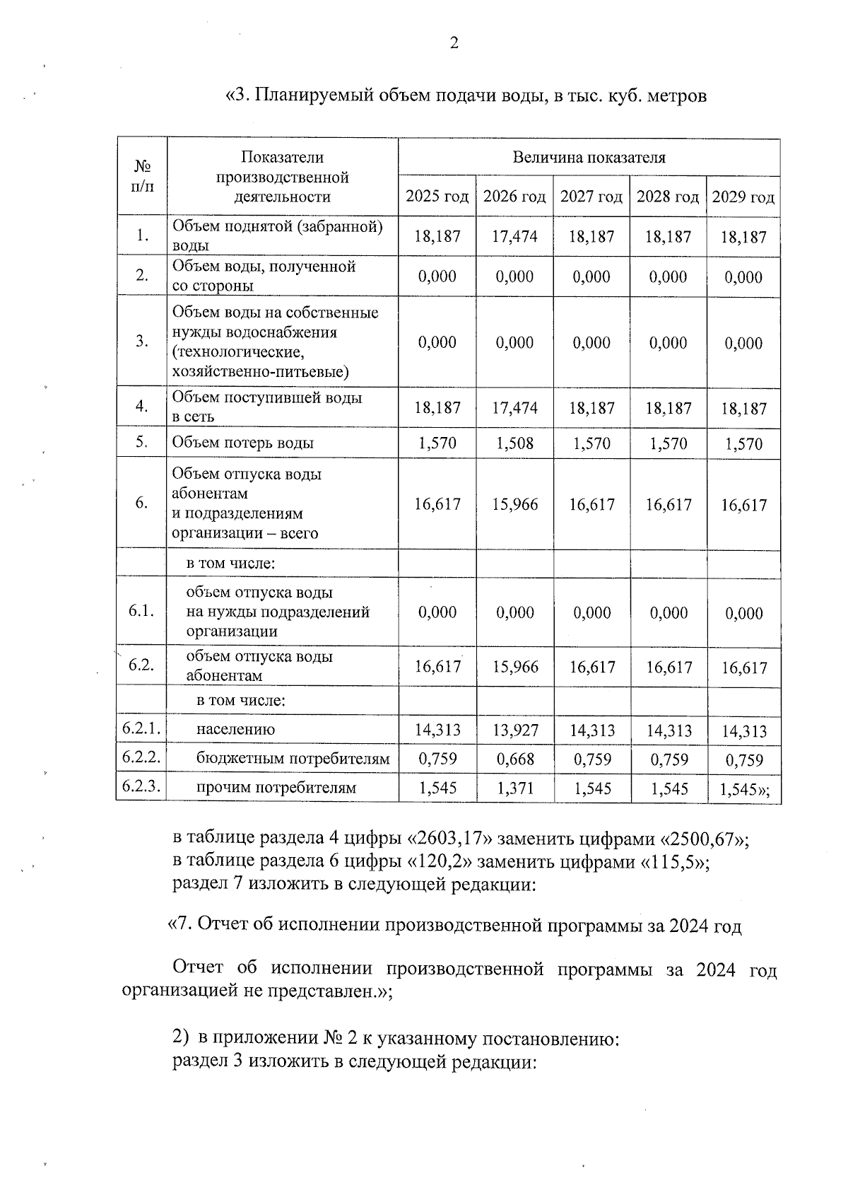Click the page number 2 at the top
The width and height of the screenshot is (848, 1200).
[454, 44]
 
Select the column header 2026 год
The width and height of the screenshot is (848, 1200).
[514, 197]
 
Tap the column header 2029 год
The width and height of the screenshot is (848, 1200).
[743, 197]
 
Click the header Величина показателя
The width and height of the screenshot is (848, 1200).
[589, 157]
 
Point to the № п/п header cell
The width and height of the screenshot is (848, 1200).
[142, 176]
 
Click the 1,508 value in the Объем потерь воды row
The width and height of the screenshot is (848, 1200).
[514, 443]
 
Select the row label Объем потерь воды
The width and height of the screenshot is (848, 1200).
[242, 443]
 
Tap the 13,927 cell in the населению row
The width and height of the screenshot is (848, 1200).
[514, 730]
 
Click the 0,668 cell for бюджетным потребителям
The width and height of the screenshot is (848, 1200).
[514, 759]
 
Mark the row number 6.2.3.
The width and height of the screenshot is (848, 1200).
[141, 786]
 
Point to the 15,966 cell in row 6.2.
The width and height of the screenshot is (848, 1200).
[514, 667]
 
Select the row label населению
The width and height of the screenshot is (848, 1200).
[235, 730]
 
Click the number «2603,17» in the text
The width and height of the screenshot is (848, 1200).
[449, 839]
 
